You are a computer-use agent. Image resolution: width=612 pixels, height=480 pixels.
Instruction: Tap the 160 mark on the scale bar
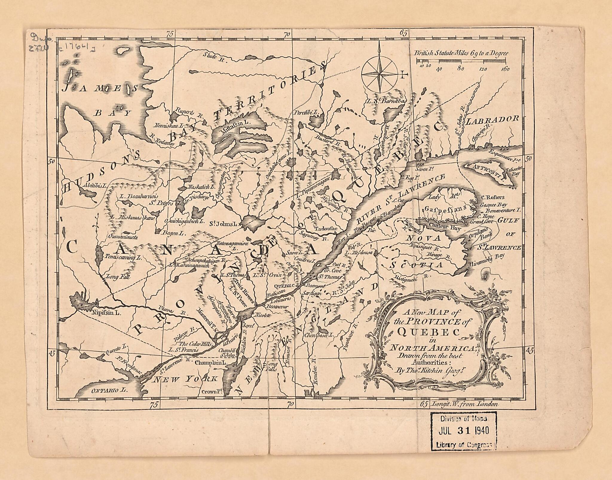pos(505,69)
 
